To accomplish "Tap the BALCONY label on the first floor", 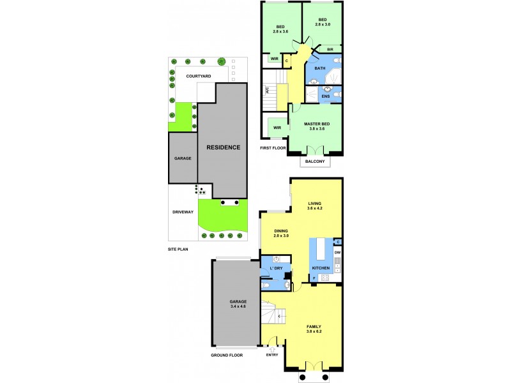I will pos(315,161).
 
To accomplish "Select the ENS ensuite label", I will pos(325,96).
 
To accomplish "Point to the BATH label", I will pos(319,68).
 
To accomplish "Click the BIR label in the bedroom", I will pos(330,49).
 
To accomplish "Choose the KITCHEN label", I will pos(320,267).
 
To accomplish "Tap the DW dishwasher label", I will pos(337,253).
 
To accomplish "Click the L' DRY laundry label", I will pos(276,268).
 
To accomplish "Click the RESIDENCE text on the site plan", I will pos(223,147).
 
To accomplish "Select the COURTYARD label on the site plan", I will pos(199,76).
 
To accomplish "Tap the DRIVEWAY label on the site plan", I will pos(183,212).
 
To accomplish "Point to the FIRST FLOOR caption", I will pos(272,148).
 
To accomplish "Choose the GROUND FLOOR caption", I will pos(227,355).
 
